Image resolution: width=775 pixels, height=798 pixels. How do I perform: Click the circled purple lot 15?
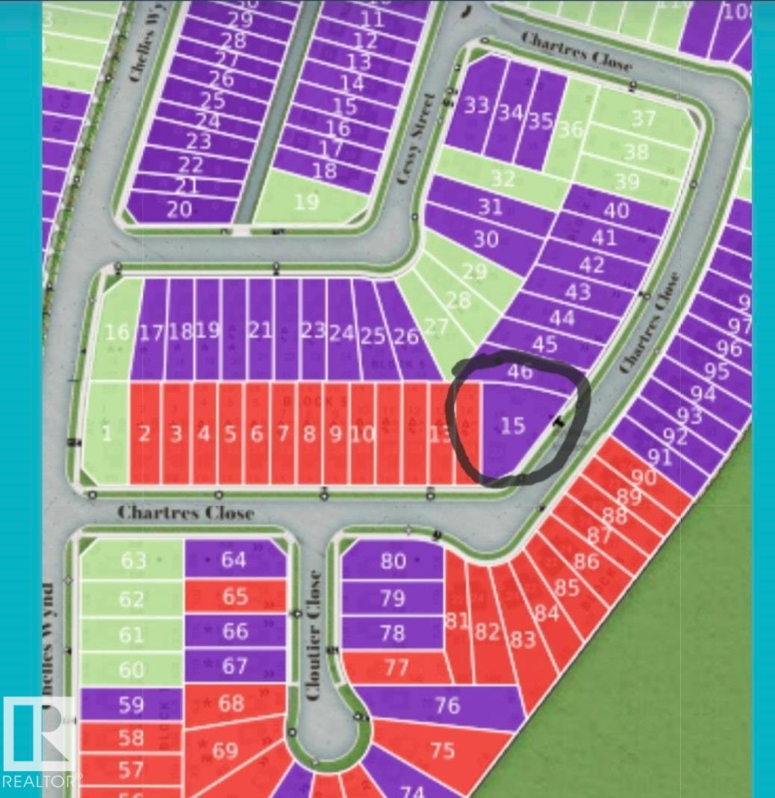pyautogui.click(x=513, y=426)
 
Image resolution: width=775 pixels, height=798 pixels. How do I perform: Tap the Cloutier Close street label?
pyautogui.click(x=314, y=635)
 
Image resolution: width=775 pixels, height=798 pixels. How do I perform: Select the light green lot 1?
pyautogui.click(x=106, y=433)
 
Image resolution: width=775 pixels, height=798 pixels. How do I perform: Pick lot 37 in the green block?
pyautogui.click(x=643, y=119)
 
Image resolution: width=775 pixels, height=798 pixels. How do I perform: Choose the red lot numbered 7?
pyautogui.click(x=282, y=434)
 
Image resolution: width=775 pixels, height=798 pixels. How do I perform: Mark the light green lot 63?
pyautogui.click(x=133, y=560)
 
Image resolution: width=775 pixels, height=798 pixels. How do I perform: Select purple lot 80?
pyautogui.click(x=393, y=561)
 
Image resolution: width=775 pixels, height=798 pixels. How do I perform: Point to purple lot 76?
pyautogui.click(x=446, y=705)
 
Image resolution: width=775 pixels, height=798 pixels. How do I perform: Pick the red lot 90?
pyautogui.click(x=643, y=476)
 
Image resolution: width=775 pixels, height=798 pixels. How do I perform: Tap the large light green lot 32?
pyautogui.click(x=502, y=179)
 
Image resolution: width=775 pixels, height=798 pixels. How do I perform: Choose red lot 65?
pyautogui.click(x=234, y=596)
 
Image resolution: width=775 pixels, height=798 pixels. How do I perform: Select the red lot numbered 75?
pyautogui.click(x=442, y=749)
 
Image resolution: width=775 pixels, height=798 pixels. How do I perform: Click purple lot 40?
pyautogui.click(x=615, y=211)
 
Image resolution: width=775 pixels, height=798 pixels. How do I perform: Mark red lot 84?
pyautogui.click(x=547, y=614)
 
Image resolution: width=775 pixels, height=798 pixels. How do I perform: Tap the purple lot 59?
pyautogui.click(x=131, y=703)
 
